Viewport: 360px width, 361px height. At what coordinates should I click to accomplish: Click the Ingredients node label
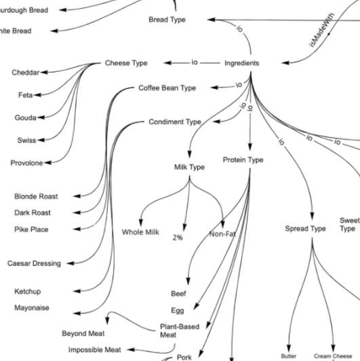241,63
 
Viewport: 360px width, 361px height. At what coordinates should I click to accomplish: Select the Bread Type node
167,20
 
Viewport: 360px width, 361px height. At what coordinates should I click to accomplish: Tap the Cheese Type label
125,63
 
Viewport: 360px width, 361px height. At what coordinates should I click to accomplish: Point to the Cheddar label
25,73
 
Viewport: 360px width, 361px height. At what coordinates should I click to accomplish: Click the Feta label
25,96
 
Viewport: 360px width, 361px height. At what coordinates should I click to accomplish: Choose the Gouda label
25,118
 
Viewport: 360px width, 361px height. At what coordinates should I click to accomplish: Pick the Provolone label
26,163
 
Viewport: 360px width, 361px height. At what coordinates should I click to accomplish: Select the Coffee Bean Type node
167,88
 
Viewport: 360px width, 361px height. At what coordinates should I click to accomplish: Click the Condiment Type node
175,122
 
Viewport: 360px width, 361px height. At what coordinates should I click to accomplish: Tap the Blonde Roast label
36,196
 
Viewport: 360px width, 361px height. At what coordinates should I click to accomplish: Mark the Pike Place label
31,229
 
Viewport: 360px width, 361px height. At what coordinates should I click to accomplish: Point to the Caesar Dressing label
34,263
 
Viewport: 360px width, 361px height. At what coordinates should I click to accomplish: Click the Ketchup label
28,291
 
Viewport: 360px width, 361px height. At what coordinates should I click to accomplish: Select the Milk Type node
189,167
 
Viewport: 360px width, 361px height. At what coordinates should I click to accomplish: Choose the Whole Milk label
140,232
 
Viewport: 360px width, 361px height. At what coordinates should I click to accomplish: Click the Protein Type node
243,160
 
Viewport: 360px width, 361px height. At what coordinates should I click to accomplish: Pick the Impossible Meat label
95,349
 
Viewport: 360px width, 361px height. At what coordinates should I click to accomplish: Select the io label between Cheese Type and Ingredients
194,63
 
